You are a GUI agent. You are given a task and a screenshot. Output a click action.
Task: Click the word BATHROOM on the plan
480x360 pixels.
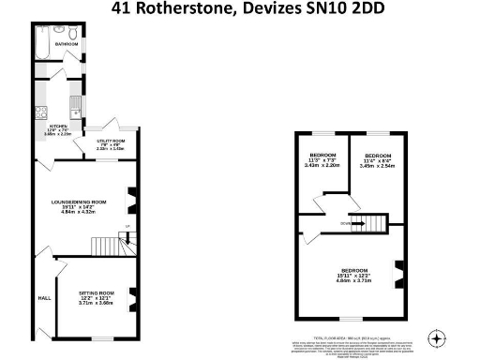[x=66, y=44]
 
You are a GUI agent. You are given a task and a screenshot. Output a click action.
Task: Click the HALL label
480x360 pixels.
[x=43, y=298]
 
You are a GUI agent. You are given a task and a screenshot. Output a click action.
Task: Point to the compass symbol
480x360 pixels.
[x=435, y=337]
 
